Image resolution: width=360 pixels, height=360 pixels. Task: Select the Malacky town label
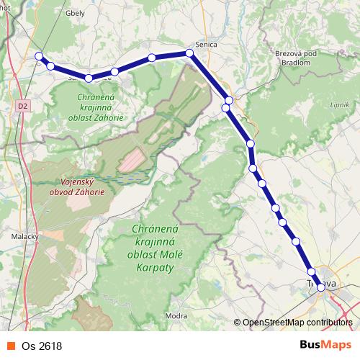click(x=25, y=235)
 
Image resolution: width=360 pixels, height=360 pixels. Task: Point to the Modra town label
click(x=176, y=315)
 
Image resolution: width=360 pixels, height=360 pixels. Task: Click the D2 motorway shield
click(x=24, y=105)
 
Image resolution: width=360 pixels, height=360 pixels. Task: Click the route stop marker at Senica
click(x=190, y=53)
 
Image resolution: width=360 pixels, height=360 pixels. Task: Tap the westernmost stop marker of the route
click(x=40, y=56)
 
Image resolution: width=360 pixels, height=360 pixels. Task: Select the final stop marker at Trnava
click(x=321, y=287)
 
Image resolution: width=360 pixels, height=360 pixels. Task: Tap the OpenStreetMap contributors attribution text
click(x=297, y=323)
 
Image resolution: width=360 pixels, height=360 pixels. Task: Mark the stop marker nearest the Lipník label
click(x=251, y=144)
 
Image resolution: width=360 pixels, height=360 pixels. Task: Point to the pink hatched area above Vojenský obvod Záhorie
click(x=132, y=159)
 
